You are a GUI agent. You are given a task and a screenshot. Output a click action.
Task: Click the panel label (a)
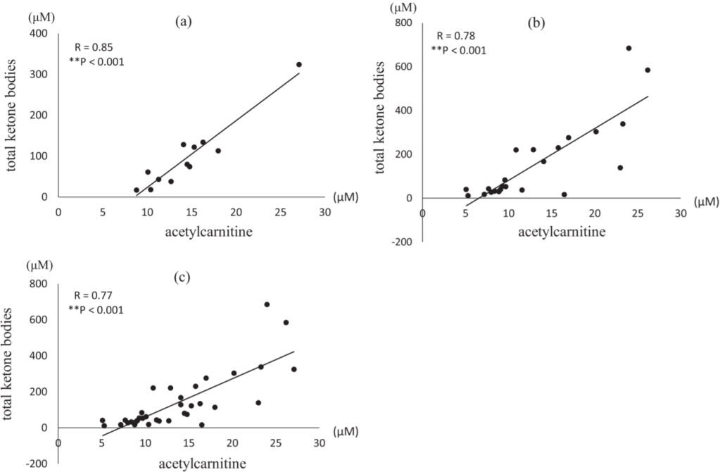(x=184, y=21)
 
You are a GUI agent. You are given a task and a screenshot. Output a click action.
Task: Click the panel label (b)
(x=537, y=22)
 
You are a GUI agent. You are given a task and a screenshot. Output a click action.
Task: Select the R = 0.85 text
(x=94, y=48)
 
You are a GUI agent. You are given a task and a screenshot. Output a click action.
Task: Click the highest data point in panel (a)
(x=298, y=64)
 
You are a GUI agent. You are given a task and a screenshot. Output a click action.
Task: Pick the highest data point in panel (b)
(x=629, y=48)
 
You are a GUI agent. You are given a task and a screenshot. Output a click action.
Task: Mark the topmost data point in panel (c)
(x=267, y=304)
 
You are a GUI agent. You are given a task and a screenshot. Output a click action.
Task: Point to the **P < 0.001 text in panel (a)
(x=96, y=62)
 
